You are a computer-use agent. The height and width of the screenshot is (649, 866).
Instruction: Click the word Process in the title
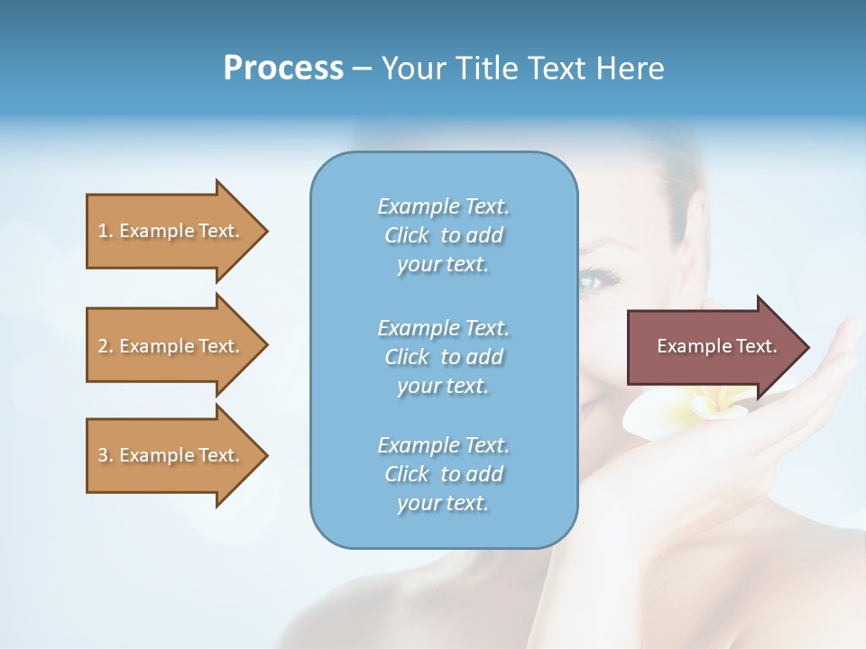283,69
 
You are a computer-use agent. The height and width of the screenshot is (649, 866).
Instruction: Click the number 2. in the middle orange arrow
105,346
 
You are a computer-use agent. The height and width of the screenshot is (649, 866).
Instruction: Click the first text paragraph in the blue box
443,235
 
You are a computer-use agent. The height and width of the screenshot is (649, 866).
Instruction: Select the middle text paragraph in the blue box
443,357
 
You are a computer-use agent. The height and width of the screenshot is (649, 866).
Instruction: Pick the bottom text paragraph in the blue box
443,474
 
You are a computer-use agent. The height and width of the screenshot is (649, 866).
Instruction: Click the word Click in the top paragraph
407,235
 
